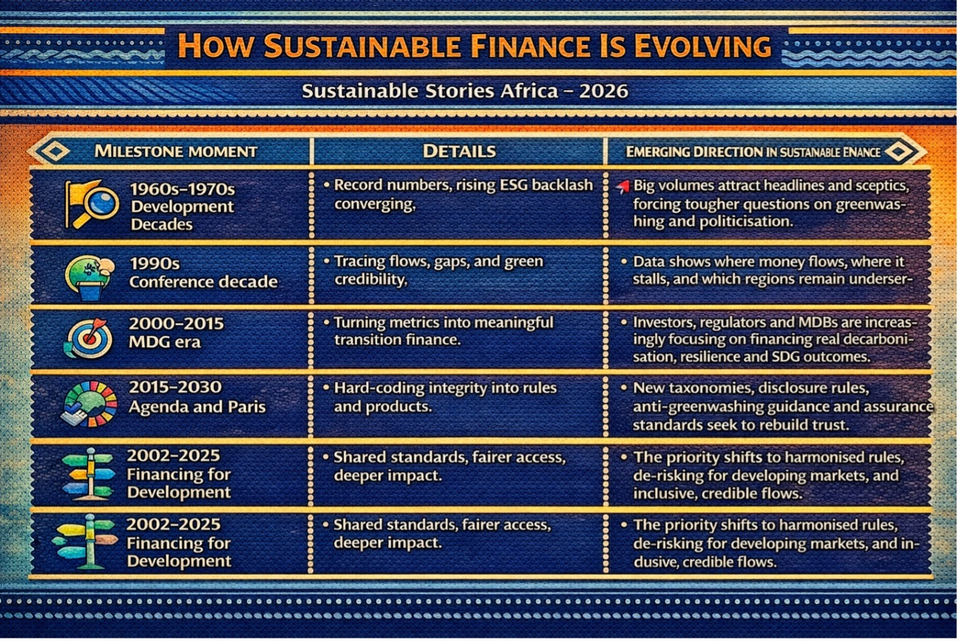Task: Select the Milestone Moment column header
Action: [x=176, y=151]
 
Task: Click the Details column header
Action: [x=459, y=151]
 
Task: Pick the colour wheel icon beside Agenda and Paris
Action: [x=90, y=404]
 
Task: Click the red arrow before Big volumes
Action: [x=623, y=187]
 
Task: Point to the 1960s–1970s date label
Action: [x=183, y=189]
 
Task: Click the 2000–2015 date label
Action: [x=176, y=323]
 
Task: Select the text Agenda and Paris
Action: [x=197, y=406]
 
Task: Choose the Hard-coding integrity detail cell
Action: [x=440, y=397]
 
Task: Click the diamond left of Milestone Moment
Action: [x=55, y=151]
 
